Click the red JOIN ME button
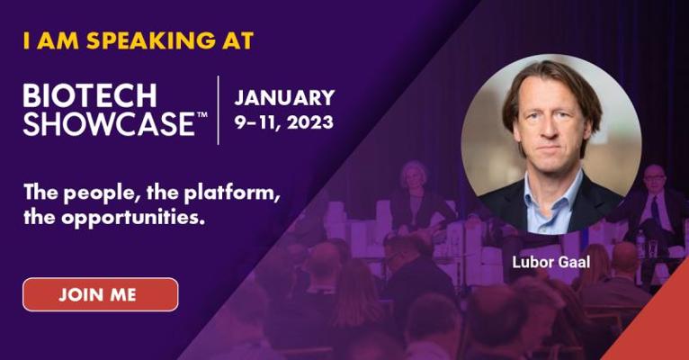click(101, 294)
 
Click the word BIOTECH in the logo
click(90, 95)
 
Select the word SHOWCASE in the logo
click(109, 123)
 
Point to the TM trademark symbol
click(201, 114)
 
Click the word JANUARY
click(285, 97)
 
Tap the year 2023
click(309, 121)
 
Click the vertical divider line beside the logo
click(219, 110)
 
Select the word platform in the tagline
click(231, 193)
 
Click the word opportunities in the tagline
click(133, 218)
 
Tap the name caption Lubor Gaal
click(551, 262)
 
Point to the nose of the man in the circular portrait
click(549, 128)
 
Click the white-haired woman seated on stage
click(414, 193)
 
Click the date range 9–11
click(256, 121)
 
